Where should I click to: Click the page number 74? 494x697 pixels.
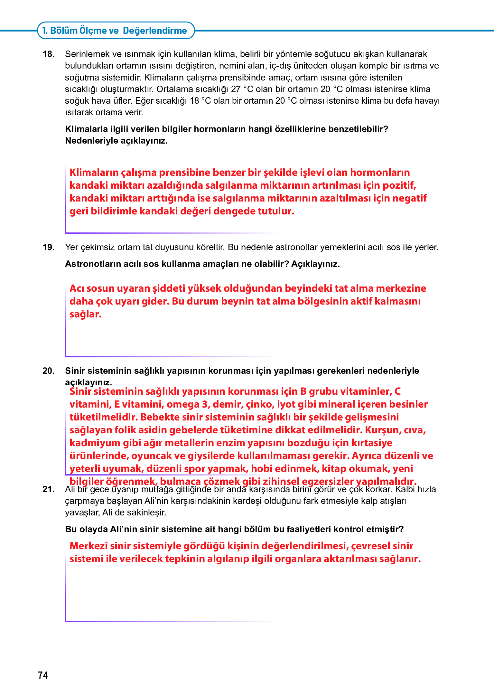point(43,675)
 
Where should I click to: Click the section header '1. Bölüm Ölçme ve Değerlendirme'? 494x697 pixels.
point(115,31)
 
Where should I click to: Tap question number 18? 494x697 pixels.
point(48,54)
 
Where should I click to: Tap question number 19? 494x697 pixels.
point(48,247)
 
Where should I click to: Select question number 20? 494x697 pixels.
point(48,371)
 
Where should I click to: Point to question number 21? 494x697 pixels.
point(48,489)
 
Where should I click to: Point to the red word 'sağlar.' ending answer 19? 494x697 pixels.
point(85,314)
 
